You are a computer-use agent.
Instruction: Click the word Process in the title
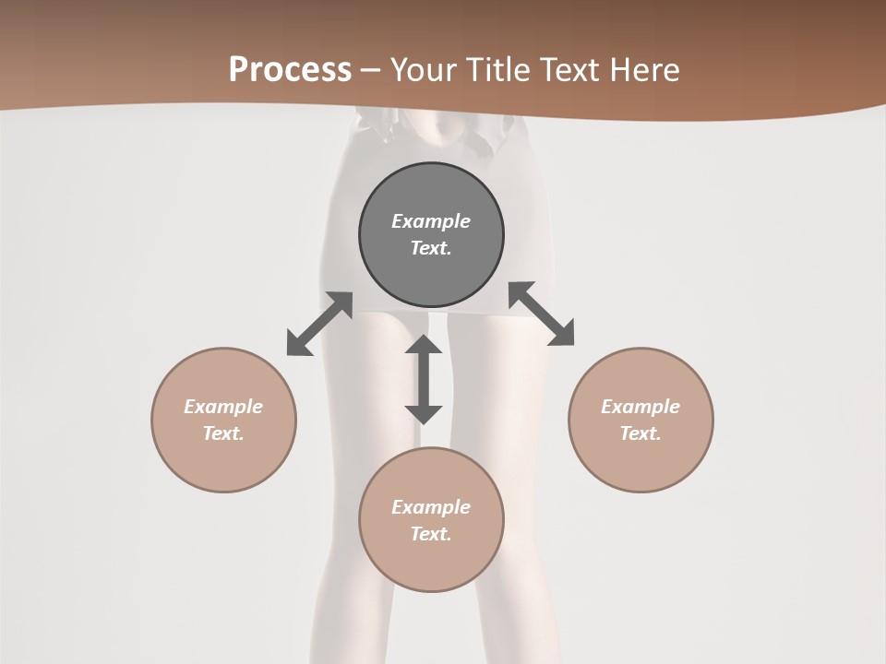tap(290, 70)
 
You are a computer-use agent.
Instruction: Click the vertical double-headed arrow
tap(424, 379)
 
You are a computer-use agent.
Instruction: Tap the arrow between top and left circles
tap(319, 324)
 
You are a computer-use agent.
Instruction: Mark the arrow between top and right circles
tap(542, 314)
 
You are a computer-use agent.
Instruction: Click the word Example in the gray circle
tap(431, 221)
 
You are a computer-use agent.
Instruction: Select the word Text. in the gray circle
tap(431, 248)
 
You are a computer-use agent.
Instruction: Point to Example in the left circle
tap(223, 407)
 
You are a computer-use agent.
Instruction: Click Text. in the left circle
tap(223, 433)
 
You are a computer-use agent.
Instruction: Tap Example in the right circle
tap(641, 407)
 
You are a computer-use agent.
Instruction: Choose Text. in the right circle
tap(641, 433)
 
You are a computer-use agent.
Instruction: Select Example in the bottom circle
tap(431, 507)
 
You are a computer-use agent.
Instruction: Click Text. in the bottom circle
tap(431, 534)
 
